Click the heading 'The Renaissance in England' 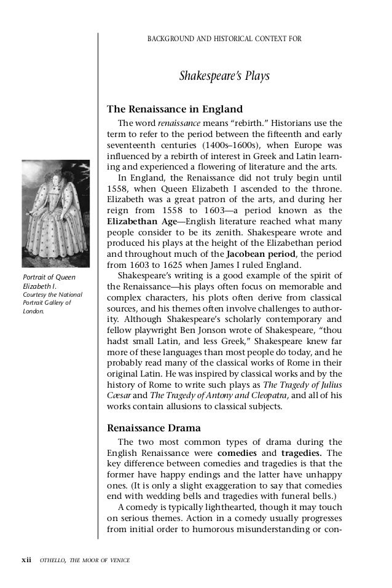166,110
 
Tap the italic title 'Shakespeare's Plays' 224,77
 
